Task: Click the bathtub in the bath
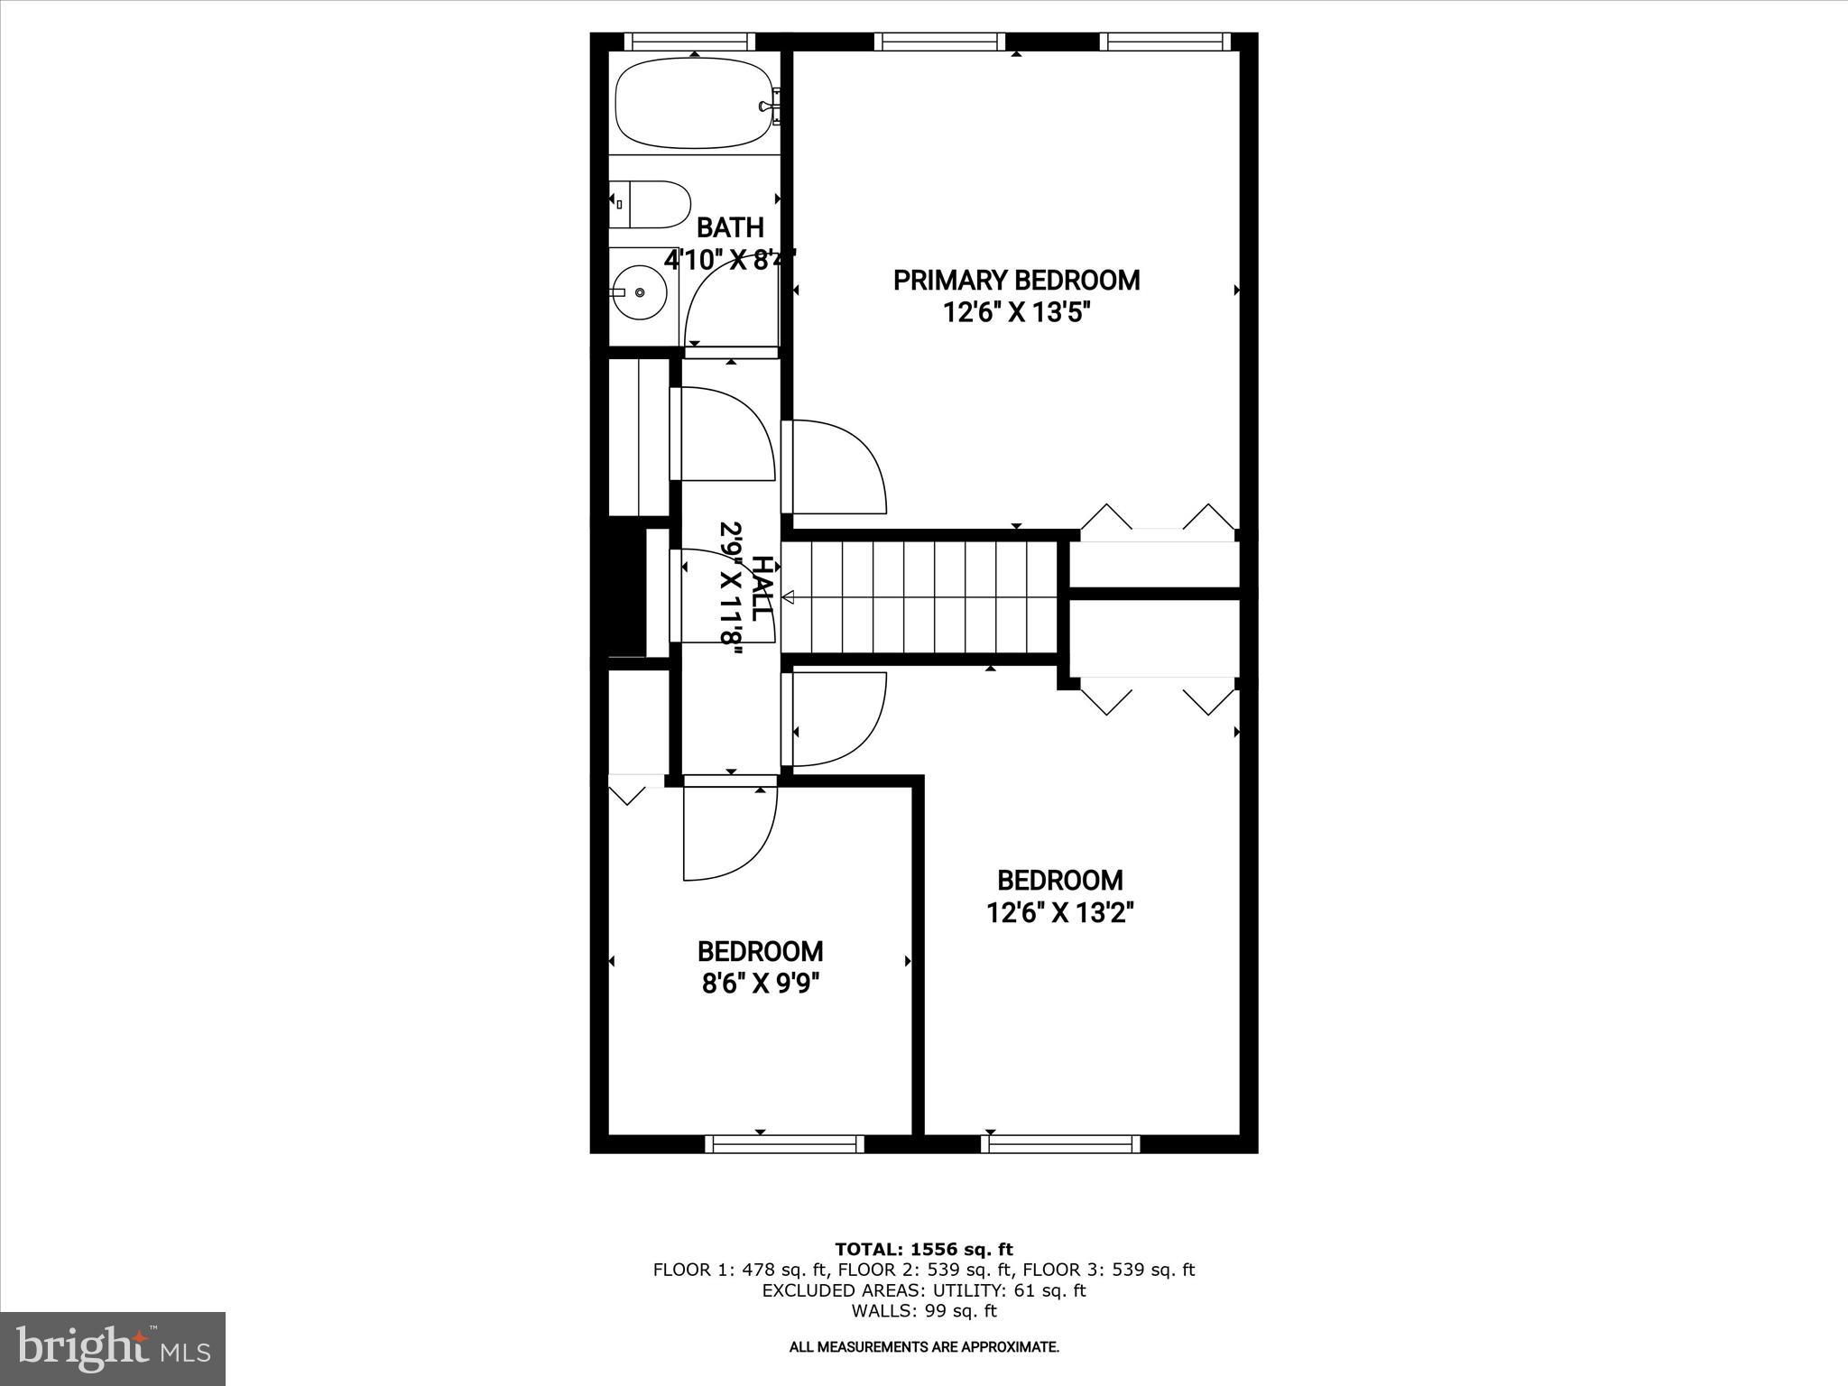[693, 103]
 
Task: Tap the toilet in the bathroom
[651, 205]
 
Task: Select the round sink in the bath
[639, 292]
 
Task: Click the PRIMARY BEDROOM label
[1016, 281]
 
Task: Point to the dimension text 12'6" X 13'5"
[1016, 313]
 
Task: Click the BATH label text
[730, 227]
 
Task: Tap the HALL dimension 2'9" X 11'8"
[731, 594]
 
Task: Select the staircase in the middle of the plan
[919, 596]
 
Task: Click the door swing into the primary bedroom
[835, 467]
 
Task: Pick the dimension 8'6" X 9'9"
[760, 982]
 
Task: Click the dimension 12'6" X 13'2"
[1059, 913]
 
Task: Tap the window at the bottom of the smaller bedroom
[784, 1144]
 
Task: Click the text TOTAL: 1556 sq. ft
[923, 1250]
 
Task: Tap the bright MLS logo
[113, 1348]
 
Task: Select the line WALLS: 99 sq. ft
[923, 1311]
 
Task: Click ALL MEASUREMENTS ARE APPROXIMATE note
[923, 1347]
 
